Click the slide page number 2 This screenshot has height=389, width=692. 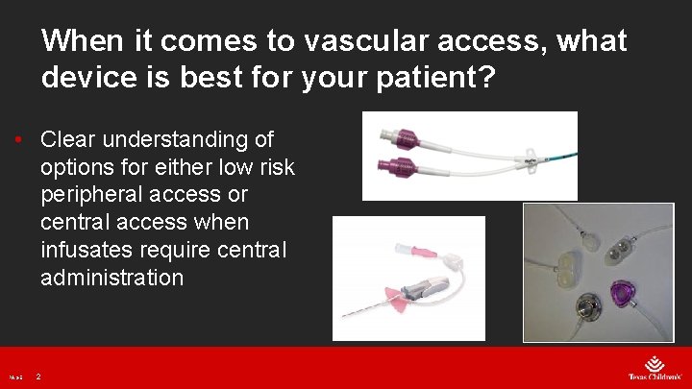37,377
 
